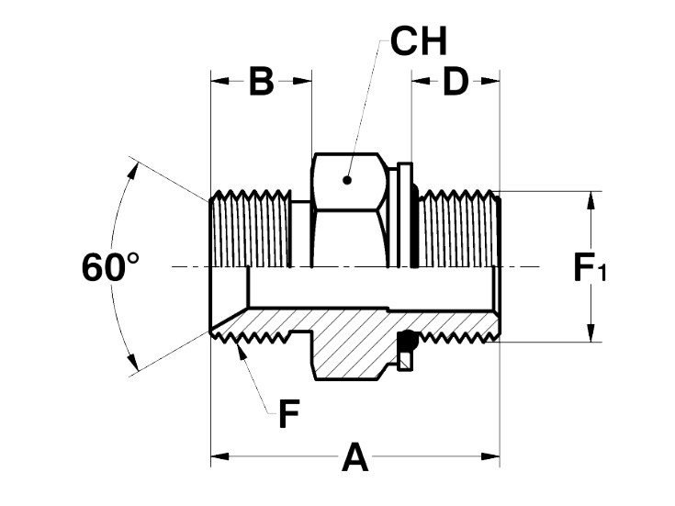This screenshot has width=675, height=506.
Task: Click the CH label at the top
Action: [x=419, y=41]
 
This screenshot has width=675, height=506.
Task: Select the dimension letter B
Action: [x=262, y=82]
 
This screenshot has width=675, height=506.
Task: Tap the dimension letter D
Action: [x=456, y=82]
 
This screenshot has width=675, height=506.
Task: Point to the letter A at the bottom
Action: [x=355, y=456]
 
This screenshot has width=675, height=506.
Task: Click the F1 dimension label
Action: [x=590, y=267]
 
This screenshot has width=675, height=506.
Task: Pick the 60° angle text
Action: [x=110, y=267]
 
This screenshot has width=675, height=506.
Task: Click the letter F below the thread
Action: [x=289, y=414]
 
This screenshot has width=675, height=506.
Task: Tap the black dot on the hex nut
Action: [x=347, y=180]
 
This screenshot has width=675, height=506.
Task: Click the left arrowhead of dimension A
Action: [x=219, y=456]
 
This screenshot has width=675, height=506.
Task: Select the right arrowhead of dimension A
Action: [x=490, y=456]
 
